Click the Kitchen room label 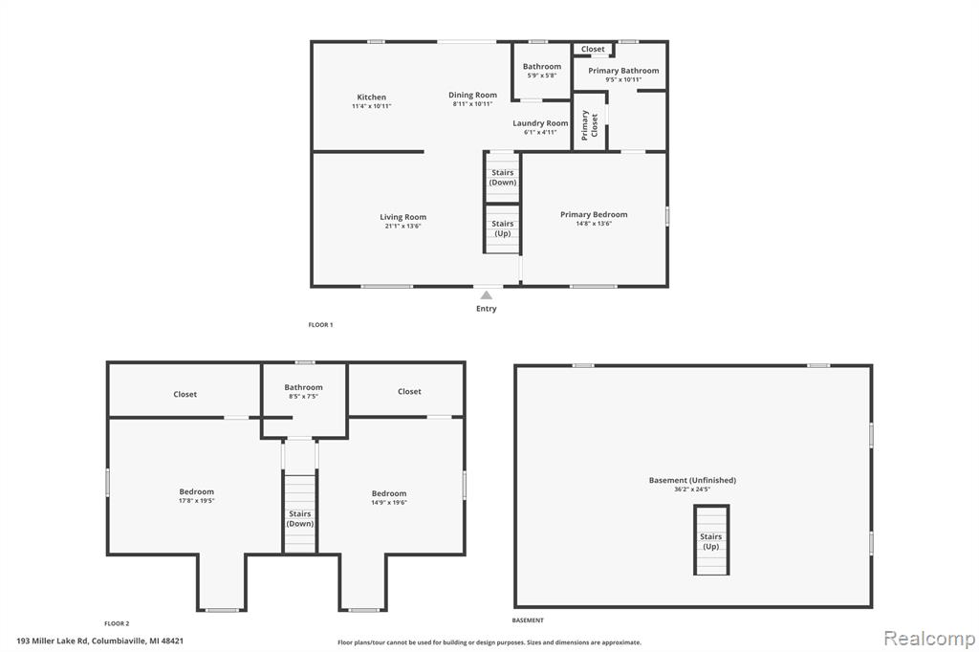(x=372, y=97)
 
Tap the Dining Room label (x=472, y=95)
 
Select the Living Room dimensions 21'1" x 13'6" (x=402, y=226)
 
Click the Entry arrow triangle (x=487, y=294)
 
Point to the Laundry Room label (x=541, y=123)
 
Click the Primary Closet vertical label (x=589, y=125)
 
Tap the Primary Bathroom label (x=623, y=71)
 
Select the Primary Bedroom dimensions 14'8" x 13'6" (x=594, y=224)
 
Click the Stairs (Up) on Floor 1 (x=503, y=228)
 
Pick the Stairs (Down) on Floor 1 (x=503, y=178)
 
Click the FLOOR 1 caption (x=321, y=325)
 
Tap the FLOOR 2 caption (x=117, y=623)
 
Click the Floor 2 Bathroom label (x=303, y=387)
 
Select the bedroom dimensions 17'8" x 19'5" (x=197, y=501)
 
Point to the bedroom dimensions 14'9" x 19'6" (x=389, y=502)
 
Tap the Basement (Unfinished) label (x=692, y=480)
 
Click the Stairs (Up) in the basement (x=711, y=541)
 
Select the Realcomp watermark (x=929, y=639)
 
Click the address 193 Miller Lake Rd (x=54, y=641)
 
